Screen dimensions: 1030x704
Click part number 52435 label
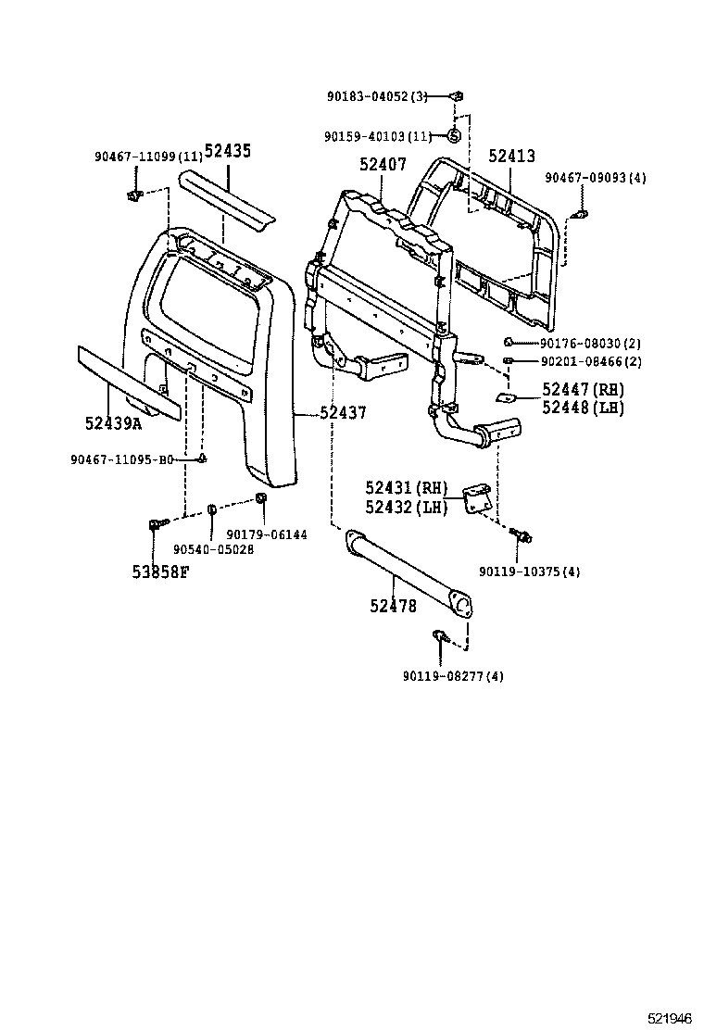[228, 153]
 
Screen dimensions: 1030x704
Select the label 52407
[383, 165]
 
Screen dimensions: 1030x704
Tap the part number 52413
[512, 157]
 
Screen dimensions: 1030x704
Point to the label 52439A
[113, 422]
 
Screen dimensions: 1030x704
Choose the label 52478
[393, 606]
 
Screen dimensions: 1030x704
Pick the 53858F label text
[159, 571]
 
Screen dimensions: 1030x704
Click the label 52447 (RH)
[583, 390]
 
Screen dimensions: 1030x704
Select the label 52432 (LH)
[406, 507]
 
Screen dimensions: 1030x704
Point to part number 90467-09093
[595, 178]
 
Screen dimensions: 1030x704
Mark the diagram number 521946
[668, 1017]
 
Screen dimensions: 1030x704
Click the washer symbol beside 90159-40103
[454, 136]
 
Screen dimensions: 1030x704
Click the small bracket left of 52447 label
[507, 397]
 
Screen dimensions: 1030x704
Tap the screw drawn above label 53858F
[154, 527]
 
